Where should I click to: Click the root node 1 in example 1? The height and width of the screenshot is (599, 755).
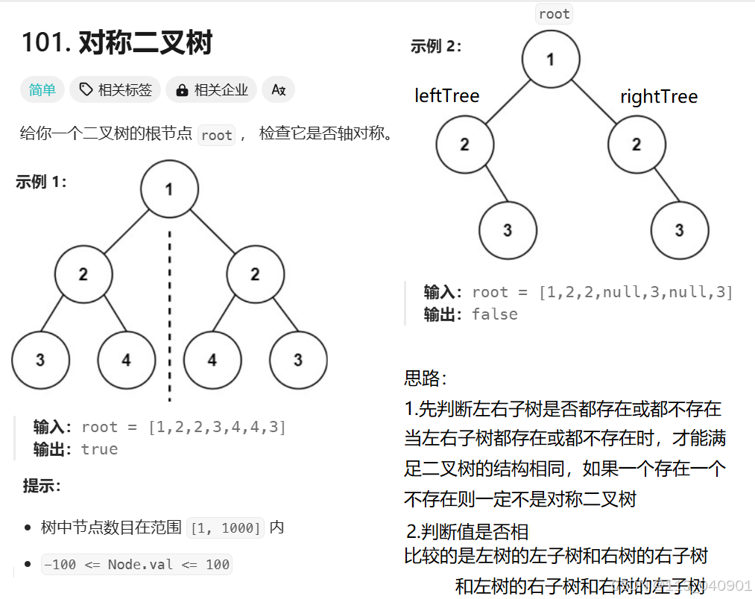tap(169, 189)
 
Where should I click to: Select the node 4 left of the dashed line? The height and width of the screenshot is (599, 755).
tap(126, 360)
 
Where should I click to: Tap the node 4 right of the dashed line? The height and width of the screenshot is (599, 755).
tap(212, 360)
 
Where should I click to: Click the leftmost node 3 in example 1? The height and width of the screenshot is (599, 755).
tap(40, 360)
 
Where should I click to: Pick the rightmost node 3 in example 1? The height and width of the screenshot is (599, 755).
tap(298, 360)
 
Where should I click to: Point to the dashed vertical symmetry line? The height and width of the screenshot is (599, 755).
tap(169, 313)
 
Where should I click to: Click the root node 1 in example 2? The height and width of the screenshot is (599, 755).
tap(551, 60)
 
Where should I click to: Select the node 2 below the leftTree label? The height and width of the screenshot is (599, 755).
tap(465, 145)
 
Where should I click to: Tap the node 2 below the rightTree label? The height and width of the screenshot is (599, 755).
tap(636, 145)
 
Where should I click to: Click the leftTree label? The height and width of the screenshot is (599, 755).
tap(447, 96)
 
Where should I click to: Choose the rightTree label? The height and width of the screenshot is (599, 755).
tap(659, 97)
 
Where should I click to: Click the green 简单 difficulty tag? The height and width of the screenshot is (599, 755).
tap(42, 90)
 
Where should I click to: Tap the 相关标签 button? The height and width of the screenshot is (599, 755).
tap(116, 90)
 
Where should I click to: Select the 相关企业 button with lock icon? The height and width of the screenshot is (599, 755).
tap(212, 90)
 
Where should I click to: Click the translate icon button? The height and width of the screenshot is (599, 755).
tap(279, 90)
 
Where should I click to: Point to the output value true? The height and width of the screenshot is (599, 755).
tap(99, 449)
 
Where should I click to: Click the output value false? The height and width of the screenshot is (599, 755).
tap(495, 314)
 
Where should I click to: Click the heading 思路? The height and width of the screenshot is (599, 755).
tap(426, 378)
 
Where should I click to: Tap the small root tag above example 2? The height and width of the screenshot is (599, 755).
tap(554, 13)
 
